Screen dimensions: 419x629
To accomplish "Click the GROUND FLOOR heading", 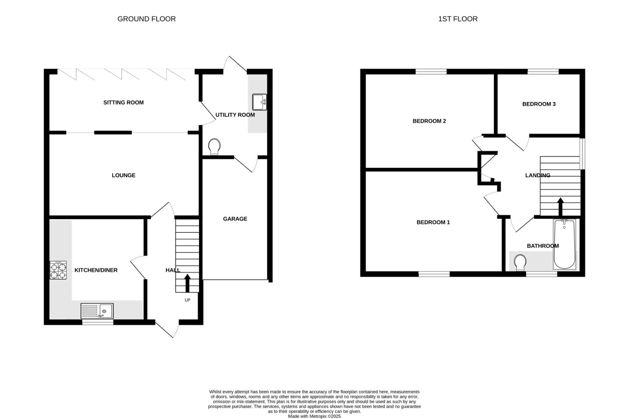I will (146, 19).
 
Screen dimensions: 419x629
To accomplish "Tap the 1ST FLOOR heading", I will (458, 19).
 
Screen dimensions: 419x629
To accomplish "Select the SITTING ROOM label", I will (123, 102).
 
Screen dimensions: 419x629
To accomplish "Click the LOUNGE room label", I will (123, 175).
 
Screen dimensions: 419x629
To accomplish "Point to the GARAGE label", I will (235, 219).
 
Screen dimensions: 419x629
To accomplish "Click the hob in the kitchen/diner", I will (58, 270).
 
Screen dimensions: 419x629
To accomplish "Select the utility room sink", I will (259, 102).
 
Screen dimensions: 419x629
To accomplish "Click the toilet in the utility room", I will (214, 147).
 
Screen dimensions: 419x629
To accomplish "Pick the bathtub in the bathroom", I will (564, 244).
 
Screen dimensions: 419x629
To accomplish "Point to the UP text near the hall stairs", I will (187, 300).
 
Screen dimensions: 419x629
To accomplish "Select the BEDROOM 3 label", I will (538, 104).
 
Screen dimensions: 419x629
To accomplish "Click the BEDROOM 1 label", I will (433, 222).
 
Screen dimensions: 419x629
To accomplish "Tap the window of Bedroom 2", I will (431, 71).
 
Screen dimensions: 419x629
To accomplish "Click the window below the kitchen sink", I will (98, 322).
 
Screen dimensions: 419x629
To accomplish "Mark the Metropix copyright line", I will (314, 416).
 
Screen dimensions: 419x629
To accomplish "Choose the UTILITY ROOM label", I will (235, 115).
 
